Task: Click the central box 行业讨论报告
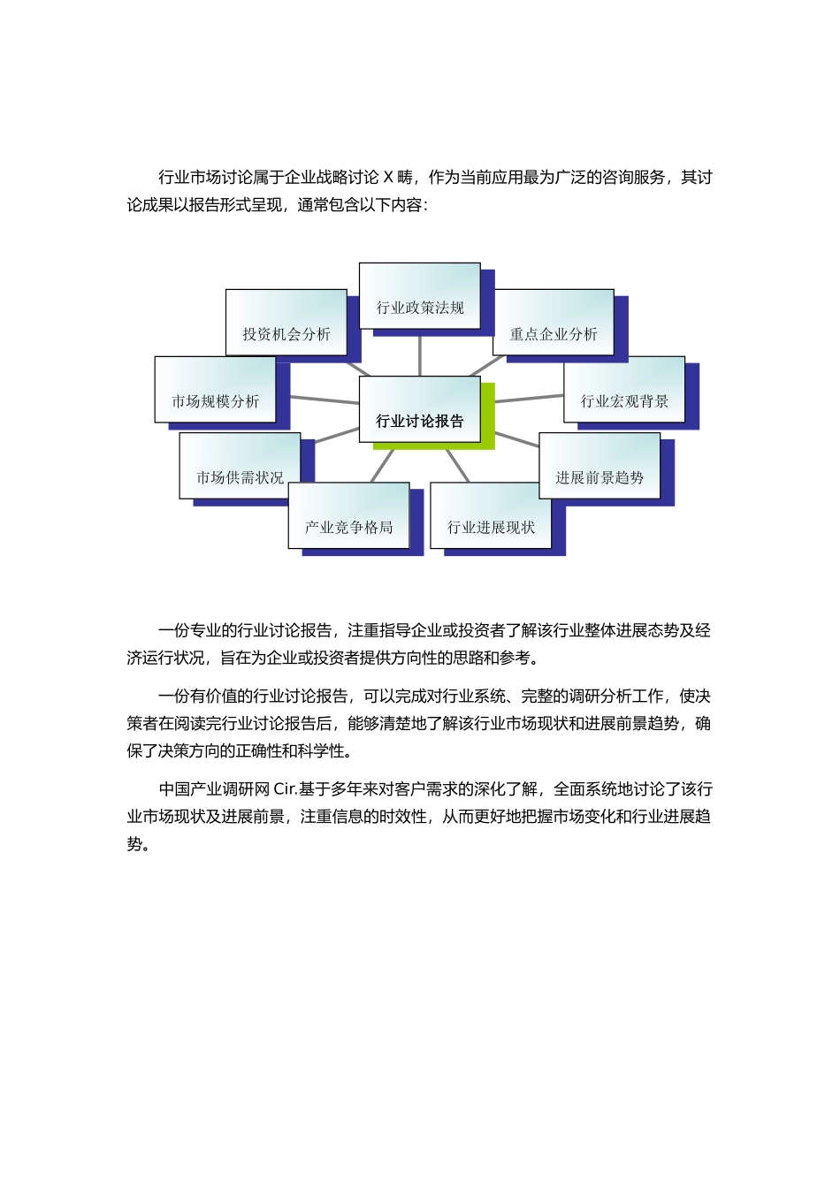coord(419,409)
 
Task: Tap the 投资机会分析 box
coord(286,323)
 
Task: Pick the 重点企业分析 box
coord(554,323)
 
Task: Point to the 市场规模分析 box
coord(215,390)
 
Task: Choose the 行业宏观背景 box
coord(624,390)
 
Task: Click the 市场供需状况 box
coord(240,466)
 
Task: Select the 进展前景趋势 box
coord(599,466)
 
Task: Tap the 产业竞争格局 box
coord(348,516)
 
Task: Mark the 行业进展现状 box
coord(491,516)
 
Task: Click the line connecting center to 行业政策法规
coord(420,356)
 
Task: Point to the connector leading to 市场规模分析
coord(324,400)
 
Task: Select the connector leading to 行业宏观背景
coord(529,399)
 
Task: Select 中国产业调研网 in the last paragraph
coord(214,789)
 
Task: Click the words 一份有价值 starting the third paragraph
coord(197,697)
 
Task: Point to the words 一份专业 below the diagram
coord(189,631)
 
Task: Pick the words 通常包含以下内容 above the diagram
coord(361,205)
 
